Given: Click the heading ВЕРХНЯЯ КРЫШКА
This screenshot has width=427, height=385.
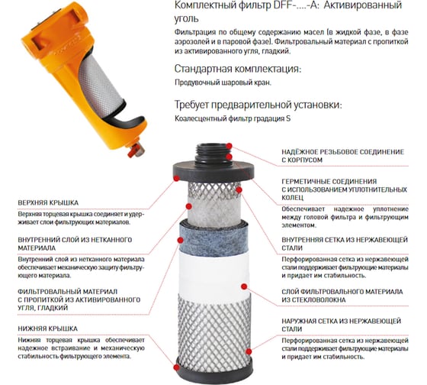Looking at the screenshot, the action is (x=48, y=202).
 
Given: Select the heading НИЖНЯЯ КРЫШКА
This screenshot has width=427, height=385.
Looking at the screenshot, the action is (x=47, y=328).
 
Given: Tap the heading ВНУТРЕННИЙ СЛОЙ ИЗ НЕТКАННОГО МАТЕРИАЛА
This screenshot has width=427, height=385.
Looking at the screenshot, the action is (x=75, y=244).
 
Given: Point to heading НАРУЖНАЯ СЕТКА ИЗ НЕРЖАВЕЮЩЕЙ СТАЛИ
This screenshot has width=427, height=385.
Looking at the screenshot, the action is (x=342, y=325).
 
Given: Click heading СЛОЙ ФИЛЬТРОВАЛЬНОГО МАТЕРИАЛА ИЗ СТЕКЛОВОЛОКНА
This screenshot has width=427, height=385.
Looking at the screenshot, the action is (x=342, y=296).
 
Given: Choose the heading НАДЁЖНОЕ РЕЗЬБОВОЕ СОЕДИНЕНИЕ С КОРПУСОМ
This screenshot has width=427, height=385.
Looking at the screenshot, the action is (x=343, y=156).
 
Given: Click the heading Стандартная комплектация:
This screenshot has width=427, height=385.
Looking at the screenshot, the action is (x=238, y=69).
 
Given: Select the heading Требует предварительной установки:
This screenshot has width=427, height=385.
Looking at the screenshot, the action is (x=258, y=105).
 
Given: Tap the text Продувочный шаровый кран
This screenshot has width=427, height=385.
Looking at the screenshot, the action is (x=223, y=82).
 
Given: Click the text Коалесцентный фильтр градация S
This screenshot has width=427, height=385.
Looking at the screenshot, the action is (x=233, y=118).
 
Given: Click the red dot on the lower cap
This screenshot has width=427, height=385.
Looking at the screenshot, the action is (x=176, y=367).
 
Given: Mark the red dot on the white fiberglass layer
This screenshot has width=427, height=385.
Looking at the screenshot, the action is (x=244, y=286).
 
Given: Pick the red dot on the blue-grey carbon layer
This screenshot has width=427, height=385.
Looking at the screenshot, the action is (x=180, y=240).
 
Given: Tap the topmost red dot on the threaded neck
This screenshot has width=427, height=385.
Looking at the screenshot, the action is (x=230, y=146).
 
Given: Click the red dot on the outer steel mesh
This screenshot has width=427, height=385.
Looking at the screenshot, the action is (x=249, y=351).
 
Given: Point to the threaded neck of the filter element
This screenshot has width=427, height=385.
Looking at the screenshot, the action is (x=213, y=154).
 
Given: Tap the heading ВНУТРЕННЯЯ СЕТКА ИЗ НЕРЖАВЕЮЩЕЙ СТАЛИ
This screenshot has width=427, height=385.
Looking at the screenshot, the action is (x=345, y=244).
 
